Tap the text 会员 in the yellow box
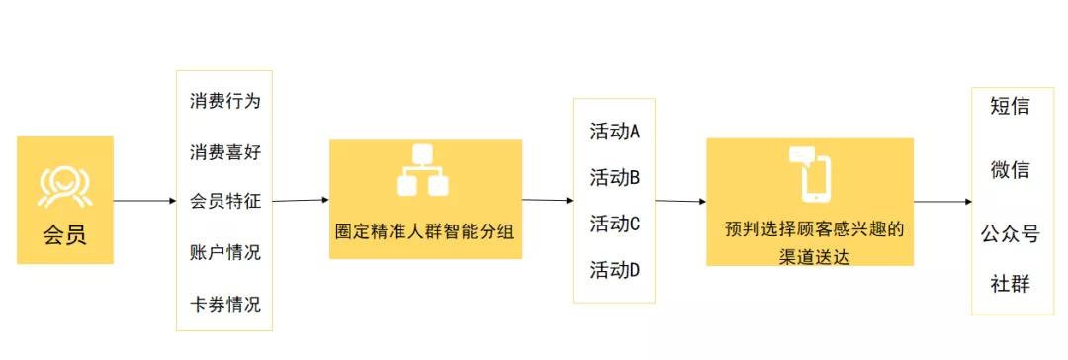click(x=64, y=236)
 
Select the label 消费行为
click(x=224, y=101)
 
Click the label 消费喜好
click(x=224, y=151)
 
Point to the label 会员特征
click(x=224, y=202)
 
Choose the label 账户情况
click(x=224, y=252)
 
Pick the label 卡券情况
click(x=224, y=304)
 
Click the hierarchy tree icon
click(x=423, y=171)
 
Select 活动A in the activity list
click(x=615, y=132)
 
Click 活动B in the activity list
click(x=615, y=178)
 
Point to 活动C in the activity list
click(x=615, y=224)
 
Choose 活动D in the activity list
click(x=615, y=269)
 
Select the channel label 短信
click(x=1011, y=106)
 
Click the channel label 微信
click(x=1011, y=170)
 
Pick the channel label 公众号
click(x=1011, y=234)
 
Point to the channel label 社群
click(x=1011, y=285)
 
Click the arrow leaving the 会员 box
click(x=144, y=202)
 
